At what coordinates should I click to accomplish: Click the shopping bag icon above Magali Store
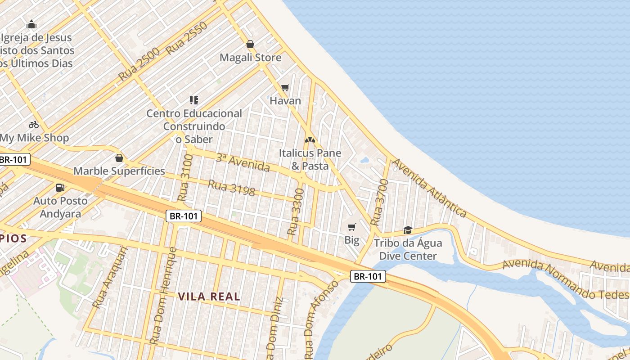coord(250,44)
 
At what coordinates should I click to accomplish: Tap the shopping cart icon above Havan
coord(285,87)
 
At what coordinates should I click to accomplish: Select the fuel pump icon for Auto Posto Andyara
coord(59,187)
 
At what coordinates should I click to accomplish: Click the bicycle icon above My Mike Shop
coord(34,125)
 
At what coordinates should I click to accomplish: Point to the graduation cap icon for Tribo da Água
coord(408,230)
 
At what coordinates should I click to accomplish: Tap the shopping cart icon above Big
coord(352,227)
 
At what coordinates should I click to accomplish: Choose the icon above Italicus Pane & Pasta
coord(310,140)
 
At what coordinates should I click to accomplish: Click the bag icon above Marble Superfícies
coord(119,158)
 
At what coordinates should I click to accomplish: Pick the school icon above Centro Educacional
coord(194,100)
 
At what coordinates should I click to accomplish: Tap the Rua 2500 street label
coord(139,64)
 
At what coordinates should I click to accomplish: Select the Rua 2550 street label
coord(186,39)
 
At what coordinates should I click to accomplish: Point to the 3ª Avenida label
coord(243,162)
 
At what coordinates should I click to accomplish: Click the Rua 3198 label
coord(231,188)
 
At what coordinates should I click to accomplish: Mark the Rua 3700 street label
coord(379,202)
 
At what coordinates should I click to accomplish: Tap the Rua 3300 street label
coord(296,211)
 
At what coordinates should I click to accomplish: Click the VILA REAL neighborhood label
coord(209,297)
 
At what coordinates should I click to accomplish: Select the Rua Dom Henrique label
coord(163,296)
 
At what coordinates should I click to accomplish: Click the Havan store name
coord(285,100)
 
